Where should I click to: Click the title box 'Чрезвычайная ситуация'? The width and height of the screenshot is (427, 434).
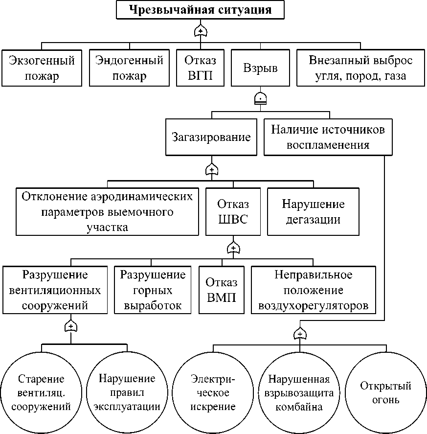coord(200,10)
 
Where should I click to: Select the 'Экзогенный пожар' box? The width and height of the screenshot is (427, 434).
coord(42,68)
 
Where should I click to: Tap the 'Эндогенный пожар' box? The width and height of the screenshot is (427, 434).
coord(129,68)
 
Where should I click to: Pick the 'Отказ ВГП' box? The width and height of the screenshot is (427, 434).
coord(200,68)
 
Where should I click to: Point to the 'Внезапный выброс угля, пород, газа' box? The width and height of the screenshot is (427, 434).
coord(360,68)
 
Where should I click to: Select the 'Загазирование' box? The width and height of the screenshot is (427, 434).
coord(211,137)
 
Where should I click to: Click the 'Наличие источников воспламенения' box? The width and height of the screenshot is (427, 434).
coord(328,137)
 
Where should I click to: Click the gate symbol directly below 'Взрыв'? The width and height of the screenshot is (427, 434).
coord(261,98)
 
